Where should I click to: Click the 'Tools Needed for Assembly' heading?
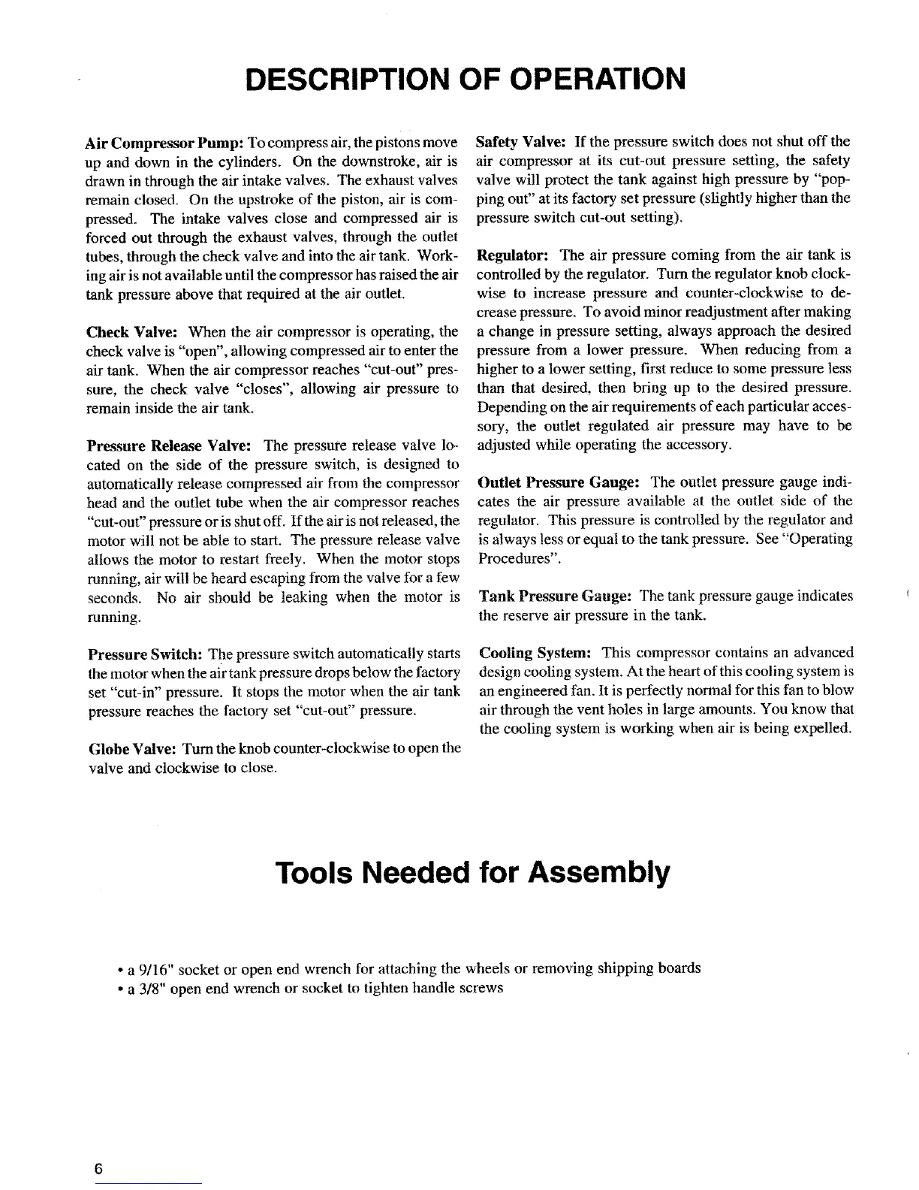point(472,872)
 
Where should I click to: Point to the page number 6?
point(98,1169)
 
